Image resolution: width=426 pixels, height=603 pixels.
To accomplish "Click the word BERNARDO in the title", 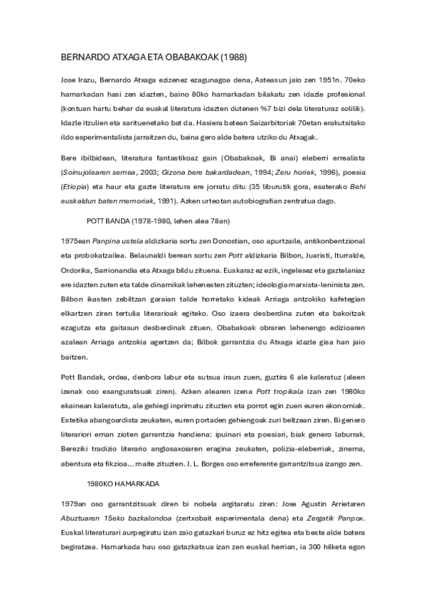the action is point(82,55).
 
